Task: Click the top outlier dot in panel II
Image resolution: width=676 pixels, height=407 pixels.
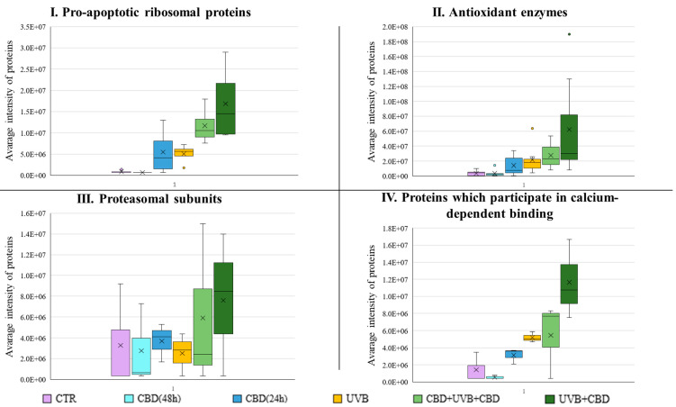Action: [x=568, y=34]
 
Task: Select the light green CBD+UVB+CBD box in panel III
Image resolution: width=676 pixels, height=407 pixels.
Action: [x=203, y=326]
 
